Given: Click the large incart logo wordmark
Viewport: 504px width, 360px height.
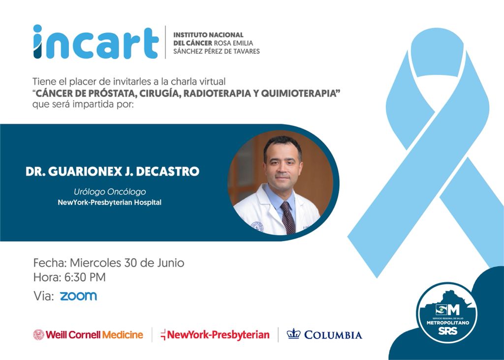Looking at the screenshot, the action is (96, 42).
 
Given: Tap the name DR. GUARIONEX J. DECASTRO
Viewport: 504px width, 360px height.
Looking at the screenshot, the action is (113, 171).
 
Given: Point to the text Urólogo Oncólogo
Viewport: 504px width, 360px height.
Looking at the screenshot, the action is (110, 192).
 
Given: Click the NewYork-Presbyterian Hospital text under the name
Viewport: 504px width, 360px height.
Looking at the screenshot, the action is (110, 203).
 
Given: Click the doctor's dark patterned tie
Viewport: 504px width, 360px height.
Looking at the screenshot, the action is (287, 218).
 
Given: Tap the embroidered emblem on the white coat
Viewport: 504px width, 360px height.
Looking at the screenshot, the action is (257, 226).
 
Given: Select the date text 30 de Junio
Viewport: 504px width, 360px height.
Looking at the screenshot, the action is (154, 263).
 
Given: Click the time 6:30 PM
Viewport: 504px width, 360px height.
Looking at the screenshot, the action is (85, 277).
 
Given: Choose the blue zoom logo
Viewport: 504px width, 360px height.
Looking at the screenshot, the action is (78, 296).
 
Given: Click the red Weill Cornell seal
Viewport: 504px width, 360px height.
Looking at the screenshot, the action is (38, 334).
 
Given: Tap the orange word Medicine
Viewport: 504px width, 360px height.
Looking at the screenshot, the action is (123, 335).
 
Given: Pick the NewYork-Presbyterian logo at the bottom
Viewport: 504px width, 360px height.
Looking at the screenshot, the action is (215, 335).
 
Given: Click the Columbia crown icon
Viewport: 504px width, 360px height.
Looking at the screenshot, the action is (293, 333).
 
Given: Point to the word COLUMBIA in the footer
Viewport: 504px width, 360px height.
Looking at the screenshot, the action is (333, 335).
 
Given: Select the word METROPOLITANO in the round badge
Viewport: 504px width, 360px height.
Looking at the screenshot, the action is (448, 323).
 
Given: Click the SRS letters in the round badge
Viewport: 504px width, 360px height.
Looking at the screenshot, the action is (448, 330).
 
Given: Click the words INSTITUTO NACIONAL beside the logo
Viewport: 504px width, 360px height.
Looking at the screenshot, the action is (208, 35).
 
